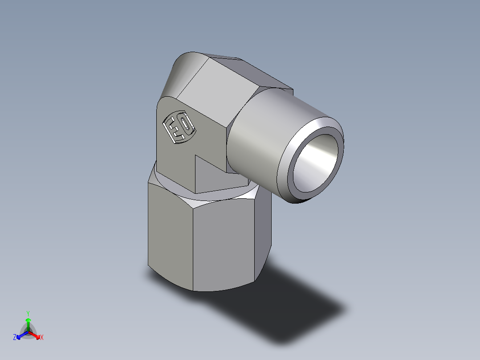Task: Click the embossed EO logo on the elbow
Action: [x=179, y=127]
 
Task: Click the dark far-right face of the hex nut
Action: [x=264, y=232]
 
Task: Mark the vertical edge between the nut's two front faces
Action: [x=193, y=250]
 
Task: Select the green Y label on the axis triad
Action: [x=28, y=313]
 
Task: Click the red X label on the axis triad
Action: [x=42, y=338]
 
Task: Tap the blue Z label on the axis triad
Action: [x=15, y=338]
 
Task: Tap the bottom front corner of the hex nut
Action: [x=194, y=290]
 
